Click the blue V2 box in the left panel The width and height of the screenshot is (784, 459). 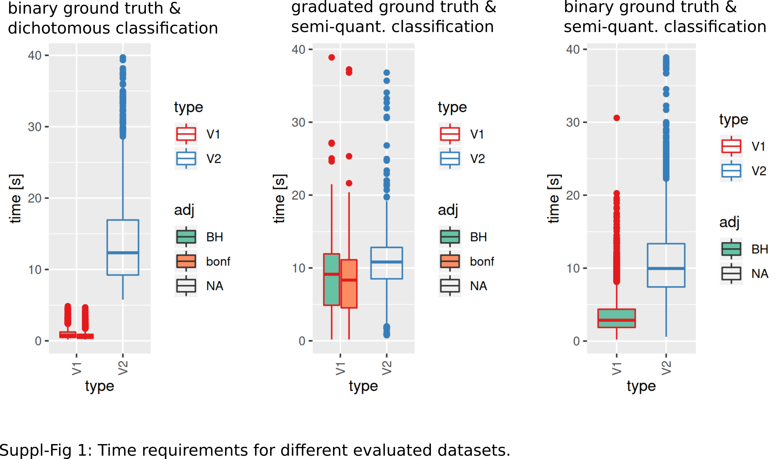pyautogui.click(x=123, y=247)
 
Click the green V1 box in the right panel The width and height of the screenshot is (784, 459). pyautogui.click(x=616, y=318)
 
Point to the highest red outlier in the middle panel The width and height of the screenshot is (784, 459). pyautogui.click(x=332, y=57)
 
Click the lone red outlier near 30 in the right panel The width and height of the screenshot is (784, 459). pyautogui.click(x=617, y=118)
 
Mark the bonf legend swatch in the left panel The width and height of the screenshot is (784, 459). pyautogui.click(x=186, y=261)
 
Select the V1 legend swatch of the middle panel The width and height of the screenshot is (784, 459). pyautogui.click(x=450, y=134)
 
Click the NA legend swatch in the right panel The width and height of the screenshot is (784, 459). pyautogui.click(x=731, y=273)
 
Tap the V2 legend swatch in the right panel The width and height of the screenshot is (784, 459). pyautogui.click(x=731, y=171)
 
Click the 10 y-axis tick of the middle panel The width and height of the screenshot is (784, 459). pyautogui.click(x=299, y=269)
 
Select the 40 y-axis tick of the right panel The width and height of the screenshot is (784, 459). pyautogui.click(x=573, y=50)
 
